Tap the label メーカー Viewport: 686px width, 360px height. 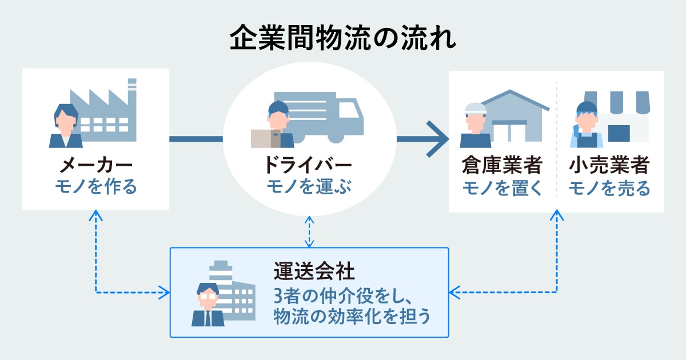(x=95, y=166)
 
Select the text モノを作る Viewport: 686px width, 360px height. (x=95, y=187)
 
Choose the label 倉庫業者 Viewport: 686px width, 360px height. (x=501, y=166)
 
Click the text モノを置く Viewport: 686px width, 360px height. (x=501, y=187)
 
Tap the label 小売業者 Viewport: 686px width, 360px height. (x=609, y=166)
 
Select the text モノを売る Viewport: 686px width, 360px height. (x=609, y=187)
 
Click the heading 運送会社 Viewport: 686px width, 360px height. (x=306, y=269)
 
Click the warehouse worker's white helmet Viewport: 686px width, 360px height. (x=474, y=106)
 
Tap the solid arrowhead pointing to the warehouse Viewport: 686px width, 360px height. (x=438, y=138)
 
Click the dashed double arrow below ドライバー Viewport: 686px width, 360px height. (x=309, y=232)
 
